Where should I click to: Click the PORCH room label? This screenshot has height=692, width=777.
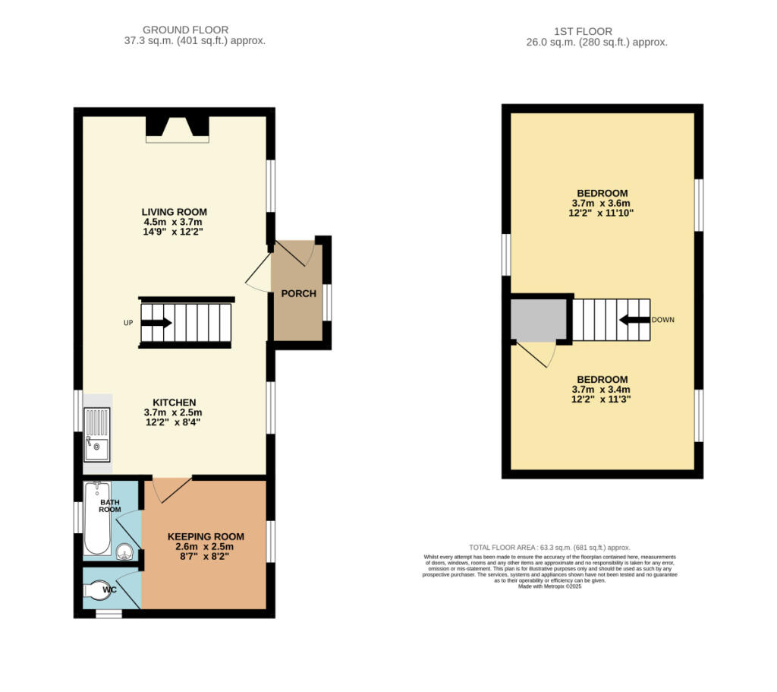[x=298, y=294]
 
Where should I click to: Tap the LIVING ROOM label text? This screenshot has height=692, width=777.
[x=174, y=212]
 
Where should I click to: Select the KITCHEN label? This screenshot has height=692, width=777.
[x=175, y=402]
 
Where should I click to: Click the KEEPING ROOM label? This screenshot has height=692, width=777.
[x=200, y=536]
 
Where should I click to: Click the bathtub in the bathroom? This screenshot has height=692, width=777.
[x=96, y=518]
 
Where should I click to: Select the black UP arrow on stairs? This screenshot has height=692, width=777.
[x=156, y=322]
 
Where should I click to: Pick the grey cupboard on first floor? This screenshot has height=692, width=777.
[x=539, y=319]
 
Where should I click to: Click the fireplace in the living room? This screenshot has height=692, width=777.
[x=177, y=128]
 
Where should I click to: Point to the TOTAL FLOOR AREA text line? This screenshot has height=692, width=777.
[x=549, y=548]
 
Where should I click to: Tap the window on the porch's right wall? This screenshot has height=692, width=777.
[x=328, y=302]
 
